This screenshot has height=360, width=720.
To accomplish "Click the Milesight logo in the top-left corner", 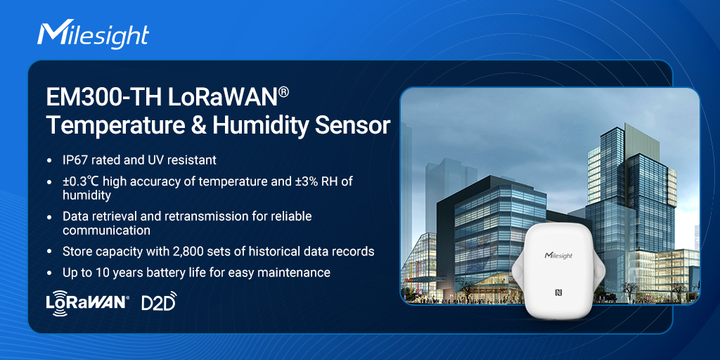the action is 94,34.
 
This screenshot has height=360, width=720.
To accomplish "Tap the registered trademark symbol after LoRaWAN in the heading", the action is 283,94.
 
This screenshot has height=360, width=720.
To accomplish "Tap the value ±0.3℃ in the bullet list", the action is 79,181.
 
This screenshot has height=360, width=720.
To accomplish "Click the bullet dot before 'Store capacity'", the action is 49,252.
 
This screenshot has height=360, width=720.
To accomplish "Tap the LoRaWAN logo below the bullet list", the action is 88,302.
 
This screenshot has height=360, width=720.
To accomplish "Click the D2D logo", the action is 159,301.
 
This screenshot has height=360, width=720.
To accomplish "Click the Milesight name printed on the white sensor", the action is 558,255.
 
